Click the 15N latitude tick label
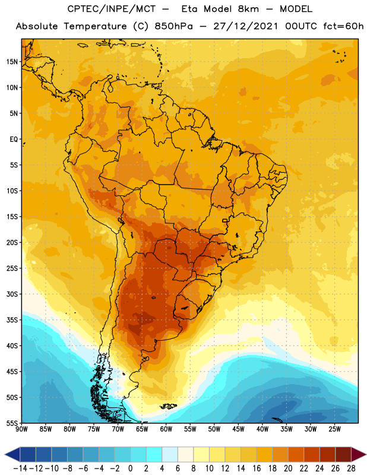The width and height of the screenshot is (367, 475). [12, 62]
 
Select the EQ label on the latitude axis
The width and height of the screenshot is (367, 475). [14, 140]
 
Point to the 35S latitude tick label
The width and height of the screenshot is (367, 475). [12, 320]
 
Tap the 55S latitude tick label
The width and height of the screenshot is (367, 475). [12, 423]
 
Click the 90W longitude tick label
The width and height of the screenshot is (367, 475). [21, 429]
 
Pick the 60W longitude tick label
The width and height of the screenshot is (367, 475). [166, 429]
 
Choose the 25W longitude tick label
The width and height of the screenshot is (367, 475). [334, 429]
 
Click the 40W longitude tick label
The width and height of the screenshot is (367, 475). [262, 429]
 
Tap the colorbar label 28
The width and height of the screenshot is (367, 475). [351, 468]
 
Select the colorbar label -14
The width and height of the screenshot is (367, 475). [20, 468]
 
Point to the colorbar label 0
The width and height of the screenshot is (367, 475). [130, 468]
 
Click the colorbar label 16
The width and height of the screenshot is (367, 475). [257, 468]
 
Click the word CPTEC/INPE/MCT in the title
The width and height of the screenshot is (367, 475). [112, 9]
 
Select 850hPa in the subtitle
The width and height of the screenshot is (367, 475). [173, 26]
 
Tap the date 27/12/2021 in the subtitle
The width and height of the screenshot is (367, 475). [245, 26]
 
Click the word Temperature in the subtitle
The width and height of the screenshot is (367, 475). [95, 27]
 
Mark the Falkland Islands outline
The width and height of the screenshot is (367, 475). [169, 406]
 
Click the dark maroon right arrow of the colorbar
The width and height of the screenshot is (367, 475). [359, 454]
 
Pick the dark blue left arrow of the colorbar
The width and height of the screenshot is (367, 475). [12, 454]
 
